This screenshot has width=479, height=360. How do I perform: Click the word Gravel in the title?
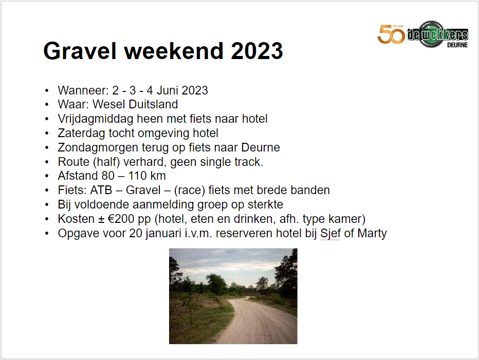(80, 50)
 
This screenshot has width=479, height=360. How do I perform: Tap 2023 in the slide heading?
(256, 50)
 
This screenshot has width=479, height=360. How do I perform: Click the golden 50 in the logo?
(391, 34)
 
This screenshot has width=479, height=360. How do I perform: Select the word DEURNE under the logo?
(457, 45)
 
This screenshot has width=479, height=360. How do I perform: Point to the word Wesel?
(109, 104)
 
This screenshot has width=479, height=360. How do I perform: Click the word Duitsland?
(153, 104)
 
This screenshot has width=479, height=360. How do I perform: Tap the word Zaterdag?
(82, 134)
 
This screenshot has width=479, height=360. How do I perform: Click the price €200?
(121, 219)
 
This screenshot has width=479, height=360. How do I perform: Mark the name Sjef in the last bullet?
(330, 234)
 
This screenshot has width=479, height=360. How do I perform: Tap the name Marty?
(372, 234)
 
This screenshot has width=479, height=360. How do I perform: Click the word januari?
(163, 234)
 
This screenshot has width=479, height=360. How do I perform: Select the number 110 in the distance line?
(137, 176)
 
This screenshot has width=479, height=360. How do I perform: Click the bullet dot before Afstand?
(47, 176)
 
